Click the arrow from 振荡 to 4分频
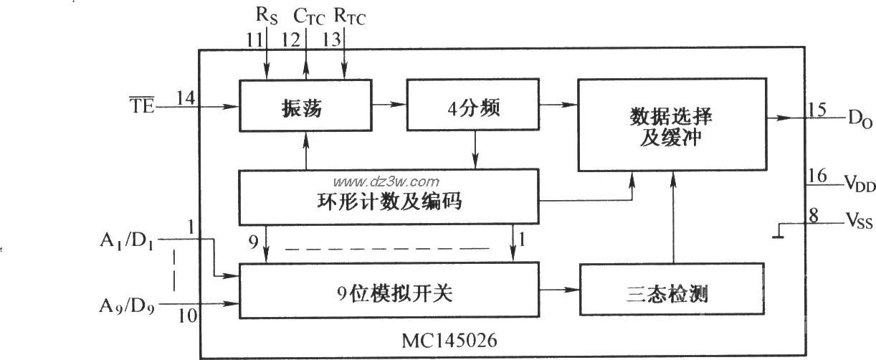pos(389,105)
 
